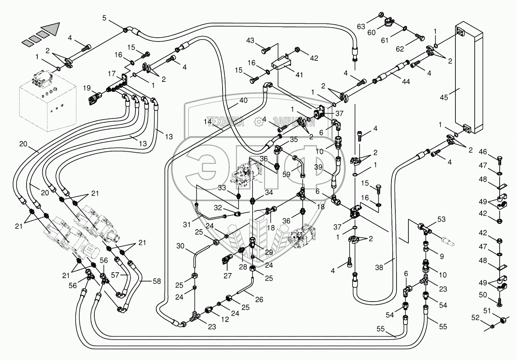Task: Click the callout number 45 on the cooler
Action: coord(444,98)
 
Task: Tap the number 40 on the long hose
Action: coord(243,101)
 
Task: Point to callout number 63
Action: coord(361,27)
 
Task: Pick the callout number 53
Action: coord(441,219)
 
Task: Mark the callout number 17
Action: coord(112,73)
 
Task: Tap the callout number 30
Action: coord(181,246)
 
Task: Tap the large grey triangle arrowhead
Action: coord(51,29)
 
